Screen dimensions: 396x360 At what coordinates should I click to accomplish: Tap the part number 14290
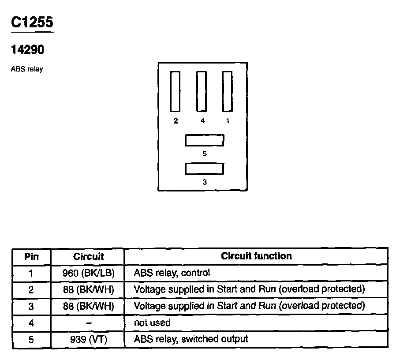tap(27, 50)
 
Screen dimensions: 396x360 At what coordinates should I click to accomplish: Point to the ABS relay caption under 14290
tap(27, 69)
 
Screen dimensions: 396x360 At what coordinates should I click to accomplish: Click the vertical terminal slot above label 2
tap(176, 91)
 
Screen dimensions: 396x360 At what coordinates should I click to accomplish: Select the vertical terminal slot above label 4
tap(202, 91)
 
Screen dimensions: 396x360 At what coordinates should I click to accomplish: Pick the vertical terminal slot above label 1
tap(227, 91)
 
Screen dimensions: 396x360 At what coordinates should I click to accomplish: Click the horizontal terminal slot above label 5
tap(204, 140)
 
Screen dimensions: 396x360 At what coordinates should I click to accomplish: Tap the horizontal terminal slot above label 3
tap(204, 169)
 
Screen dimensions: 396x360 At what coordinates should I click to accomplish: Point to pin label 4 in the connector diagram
tap(202, 120)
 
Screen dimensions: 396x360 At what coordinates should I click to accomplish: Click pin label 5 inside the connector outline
tap(204, 154)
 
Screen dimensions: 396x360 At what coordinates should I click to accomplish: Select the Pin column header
tap(31, 256)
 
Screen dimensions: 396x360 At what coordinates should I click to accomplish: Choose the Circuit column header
tap(89, 256)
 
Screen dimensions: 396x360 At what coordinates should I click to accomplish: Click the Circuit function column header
tap(256, 256)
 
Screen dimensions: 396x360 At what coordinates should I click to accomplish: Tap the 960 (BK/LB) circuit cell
tap(89, 273)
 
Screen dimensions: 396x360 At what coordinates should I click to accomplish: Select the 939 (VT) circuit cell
tap(89, 339)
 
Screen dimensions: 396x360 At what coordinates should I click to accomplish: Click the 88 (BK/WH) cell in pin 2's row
tap(89, 289)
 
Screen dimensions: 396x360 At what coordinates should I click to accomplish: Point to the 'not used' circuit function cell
tap(152, 323)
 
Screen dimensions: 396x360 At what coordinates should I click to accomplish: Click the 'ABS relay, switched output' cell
tap(191, 339)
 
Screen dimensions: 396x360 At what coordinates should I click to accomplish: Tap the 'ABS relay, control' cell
tap(172, 273)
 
